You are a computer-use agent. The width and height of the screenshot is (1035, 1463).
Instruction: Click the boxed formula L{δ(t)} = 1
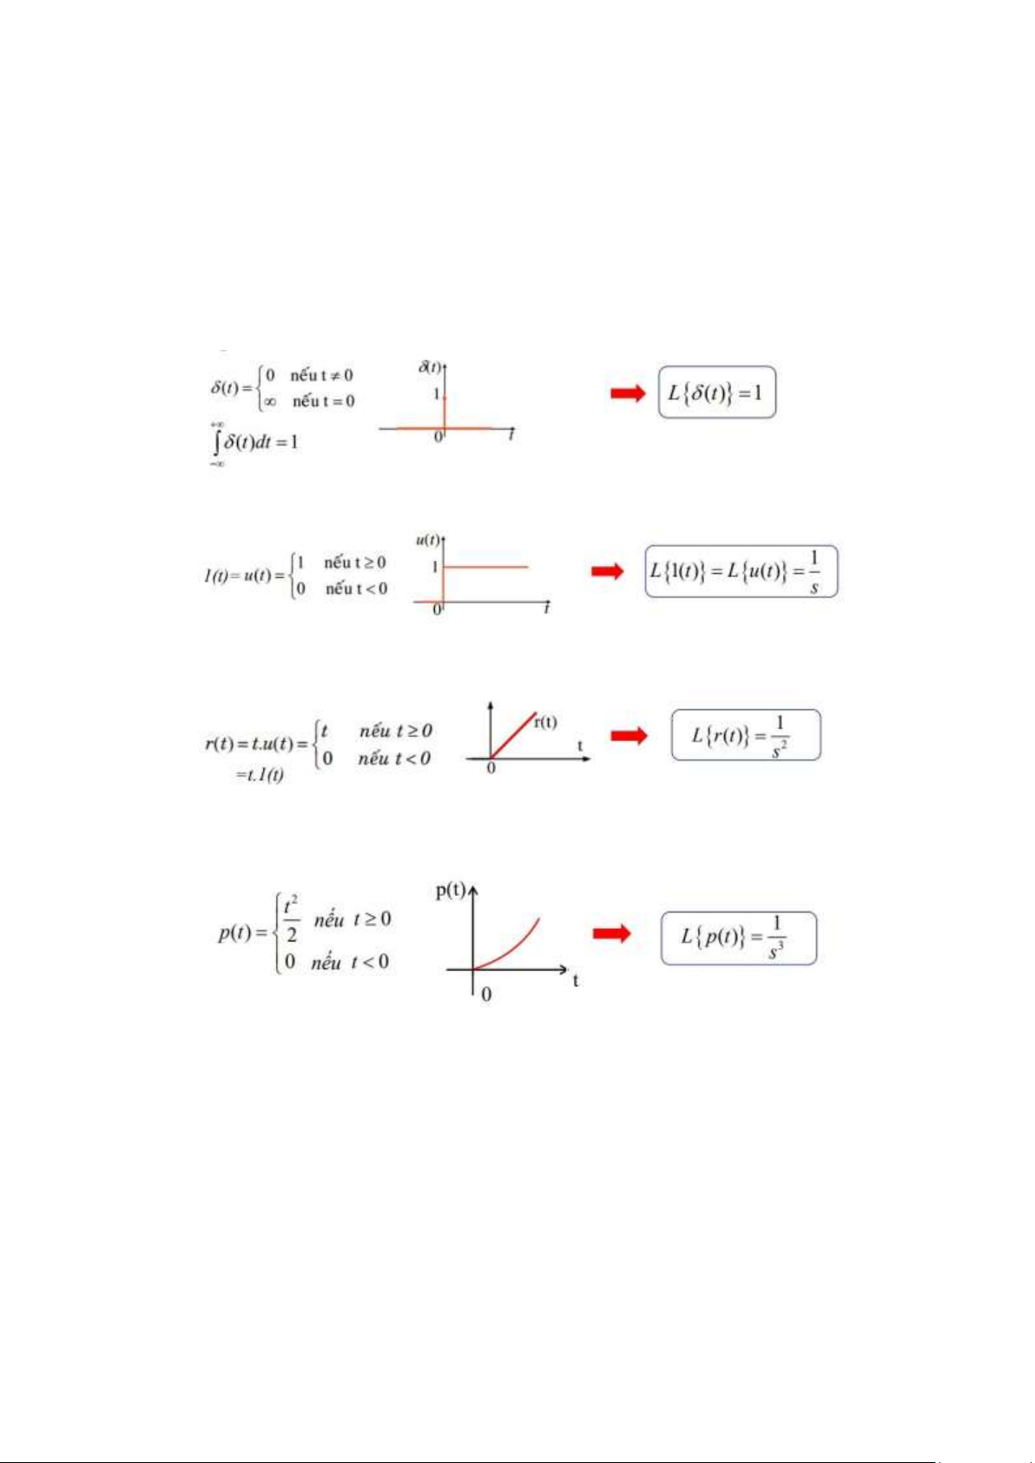click(716, 392)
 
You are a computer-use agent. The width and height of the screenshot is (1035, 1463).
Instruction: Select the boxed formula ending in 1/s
click(741, 571)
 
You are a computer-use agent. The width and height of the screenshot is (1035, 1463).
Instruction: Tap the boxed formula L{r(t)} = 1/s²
click(745, 735)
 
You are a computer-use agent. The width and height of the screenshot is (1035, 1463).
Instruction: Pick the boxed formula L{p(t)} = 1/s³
click(738, 938)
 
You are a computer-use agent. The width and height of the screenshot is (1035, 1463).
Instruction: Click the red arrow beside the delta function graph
click(628, 393)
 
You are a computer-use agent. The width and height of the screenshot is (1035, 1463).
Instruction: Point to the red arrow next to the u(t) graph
click(608, 571)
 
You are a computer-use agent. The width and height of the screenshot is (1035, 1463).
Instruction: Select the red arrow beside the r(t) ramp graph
click(629, 736)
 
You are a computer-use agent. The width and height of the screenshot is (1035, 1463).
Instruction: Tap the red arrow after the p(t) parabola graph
click(611, 933)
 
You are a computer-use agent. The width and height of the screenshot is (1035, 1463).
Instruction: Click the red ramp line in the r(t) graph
click(514, 735)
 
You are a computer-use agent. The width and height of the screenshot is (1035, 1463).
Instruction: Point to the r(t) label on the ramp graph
click(545, 722)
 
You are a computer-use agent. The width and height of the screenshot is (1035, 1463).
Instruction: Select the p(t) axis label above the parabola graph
click(451, 890)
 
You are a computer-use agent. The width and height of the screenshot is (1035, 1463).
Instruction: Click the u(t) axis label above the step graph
click(427, 540)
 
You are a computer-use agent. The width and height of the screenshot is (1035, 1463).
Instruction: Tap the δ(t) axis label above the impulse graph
click(430, 366)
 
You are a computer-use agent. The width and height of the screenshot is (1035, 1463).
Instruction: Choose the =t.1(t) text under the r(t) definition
click(260, 774)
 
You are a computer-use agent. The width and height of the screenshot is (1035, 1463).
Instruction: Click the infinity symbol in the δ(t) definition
click(270, 401)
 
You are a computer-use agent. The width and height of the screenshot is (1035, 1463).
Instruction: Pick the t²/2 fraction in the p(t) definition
click(291, 920)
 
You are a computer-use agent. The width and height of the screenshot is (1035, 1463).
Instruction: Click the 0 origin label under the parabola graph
click(486, 994)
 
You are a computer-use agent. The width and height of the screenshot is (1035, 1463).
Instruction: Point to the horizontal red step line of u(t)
click(486, 567)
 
